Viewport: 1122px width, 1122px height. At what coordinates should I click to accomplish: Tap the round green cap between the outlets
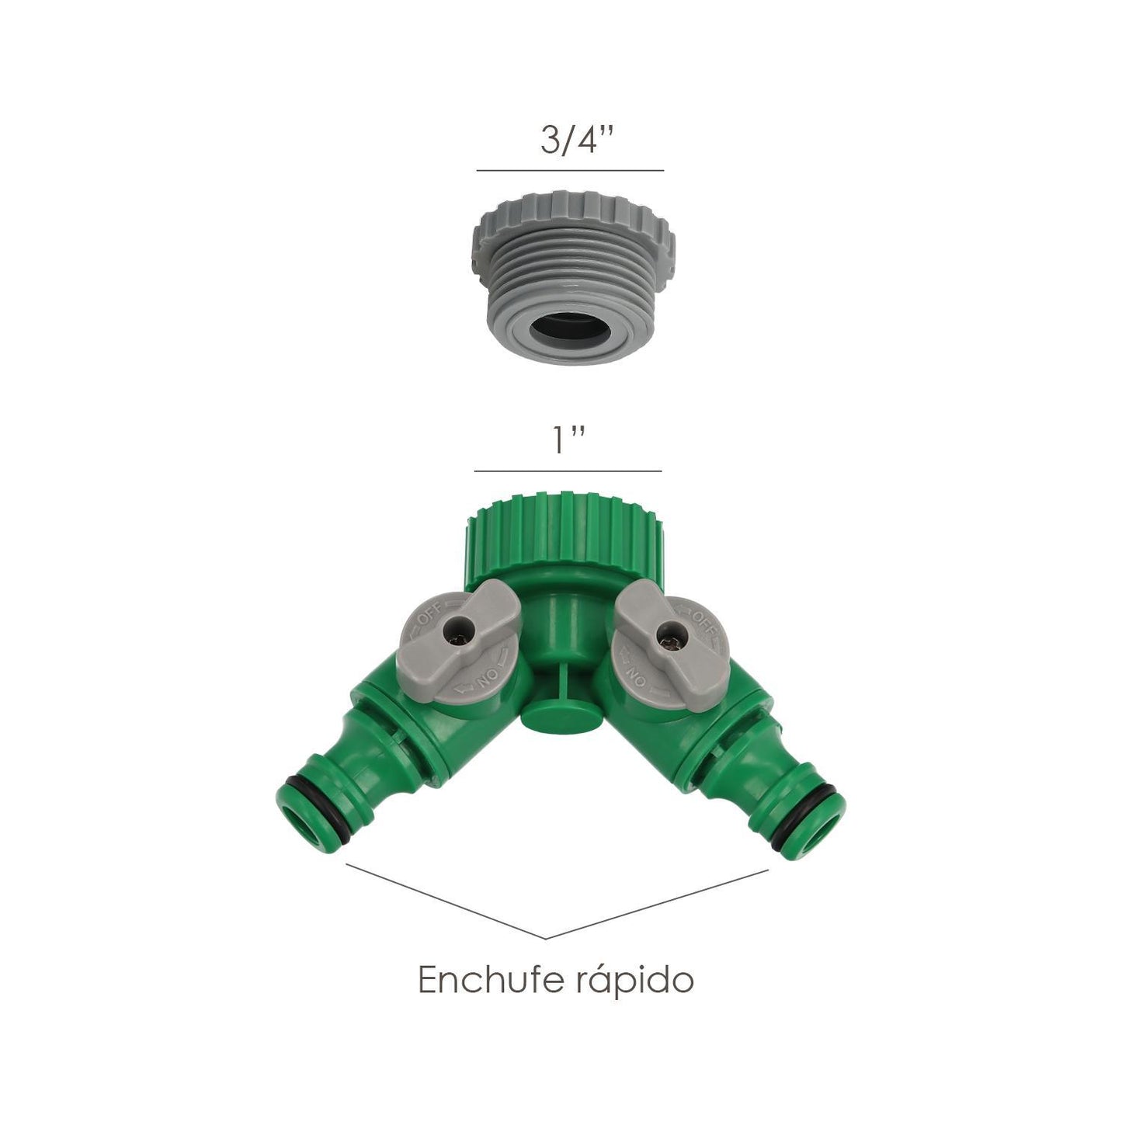[x=551, y=711]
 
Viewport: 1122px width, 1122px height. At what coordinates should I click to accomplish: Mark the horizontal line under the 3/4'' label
[x=570, y=169]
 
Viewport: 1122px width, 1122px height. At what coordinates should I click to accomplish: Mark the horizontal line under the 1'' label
[x=568, y=471]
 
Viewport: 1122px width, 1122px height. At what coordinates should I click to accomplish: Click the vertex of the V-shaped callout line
[x=546, y=939]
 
